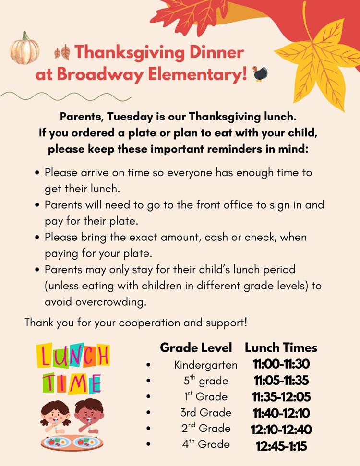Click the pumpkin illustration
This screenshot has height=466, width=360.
[24, 49]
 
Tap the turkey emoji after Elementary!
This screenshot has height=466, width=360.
[260, 73]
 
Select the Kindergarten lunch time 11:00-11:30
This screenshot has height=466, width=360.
[281, 364]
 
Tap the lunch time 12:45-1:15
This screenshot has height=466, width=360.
[281, 446]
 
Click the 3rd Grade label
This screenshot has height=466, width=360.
[206, 413]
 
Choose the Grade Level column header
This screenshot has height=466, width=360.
[196, 347]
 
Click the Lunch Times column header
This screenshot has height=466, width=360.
[281, 347]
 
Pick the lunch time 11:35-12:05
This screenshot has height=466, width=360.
[281, 397]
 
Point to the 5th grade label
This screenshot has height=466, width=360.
[206, 381]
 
